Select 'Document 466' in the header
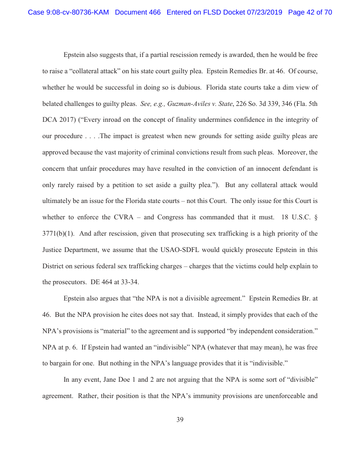coord(138,12)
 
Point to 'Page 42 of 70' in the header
coord(310,12)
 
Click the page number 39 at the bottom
coord(180,420)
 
